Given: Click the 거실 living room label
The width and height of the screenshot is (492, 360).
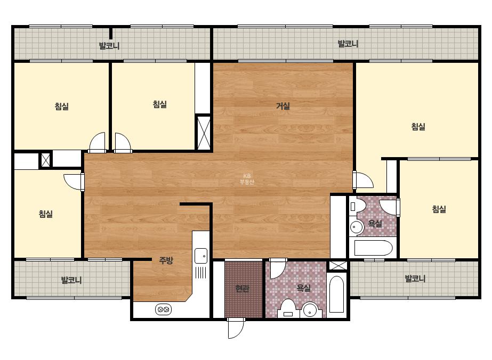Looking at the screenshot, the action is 283,106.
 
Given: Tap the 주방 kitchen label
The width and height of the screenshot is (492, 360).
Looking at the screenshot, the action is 166,260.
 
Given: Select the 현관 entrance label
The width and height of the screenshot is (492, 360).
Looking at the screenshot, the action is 243,288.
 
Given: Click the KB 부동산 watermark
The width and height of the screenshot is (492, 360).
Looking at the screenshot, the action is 247,179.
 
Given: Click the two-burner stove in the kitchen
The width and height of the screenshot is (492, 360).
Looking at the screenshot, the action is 163,309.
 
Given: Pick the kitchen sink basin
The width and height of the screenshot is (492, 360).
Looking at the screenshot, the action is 201,256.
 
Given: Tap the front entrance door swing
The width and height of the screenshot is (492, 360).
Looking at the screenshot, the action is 236,328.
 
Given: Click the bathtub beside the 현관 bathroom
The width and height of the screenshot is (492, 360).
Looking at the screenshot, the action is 337,294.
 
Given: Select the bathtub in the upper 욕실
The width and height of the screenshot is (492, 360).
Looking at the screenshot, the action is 373,248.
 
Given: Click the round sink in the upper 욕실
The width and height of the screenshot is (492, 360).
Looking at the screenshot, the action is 357,227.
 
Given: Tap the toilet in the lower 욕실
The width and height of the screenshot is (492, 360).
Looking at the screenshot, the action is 287,308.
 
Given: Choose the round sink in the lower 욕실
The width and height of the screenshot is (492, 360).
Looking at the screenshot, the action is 310,309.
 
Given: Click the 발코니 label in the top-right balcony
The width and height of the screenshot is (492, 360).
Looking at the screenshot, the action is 348,44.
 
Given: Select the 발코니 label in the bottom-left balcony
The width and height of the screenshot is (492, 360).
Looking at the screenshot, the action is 71,280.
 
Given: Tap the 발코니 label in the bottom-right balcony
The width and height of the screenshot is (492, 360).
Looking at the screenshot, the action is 415,278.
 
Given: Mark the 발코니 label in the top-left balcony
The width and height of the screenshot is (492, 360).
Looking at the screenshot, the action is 109,46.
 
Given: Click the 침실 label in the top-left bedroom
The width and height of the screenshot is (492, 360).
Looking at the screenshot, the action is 62,107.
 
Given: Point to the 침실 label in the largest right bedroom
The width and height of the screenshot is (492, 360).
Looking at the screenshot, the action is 418,127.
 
